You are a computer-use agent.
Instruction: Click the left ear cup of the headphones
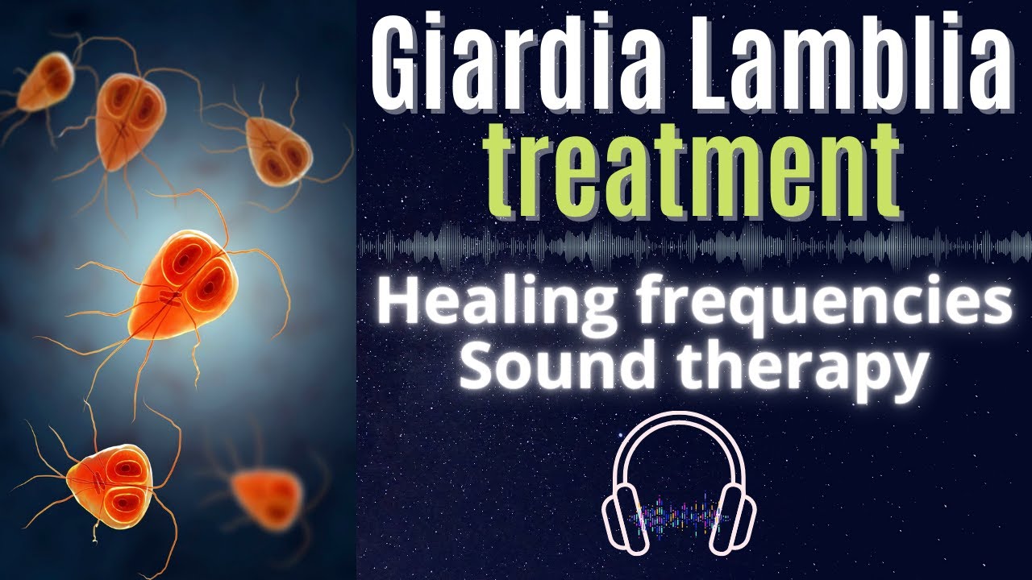[x=620, y=515]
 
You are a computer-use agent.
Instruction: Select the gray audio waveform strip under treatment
[x=693, y=246]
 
